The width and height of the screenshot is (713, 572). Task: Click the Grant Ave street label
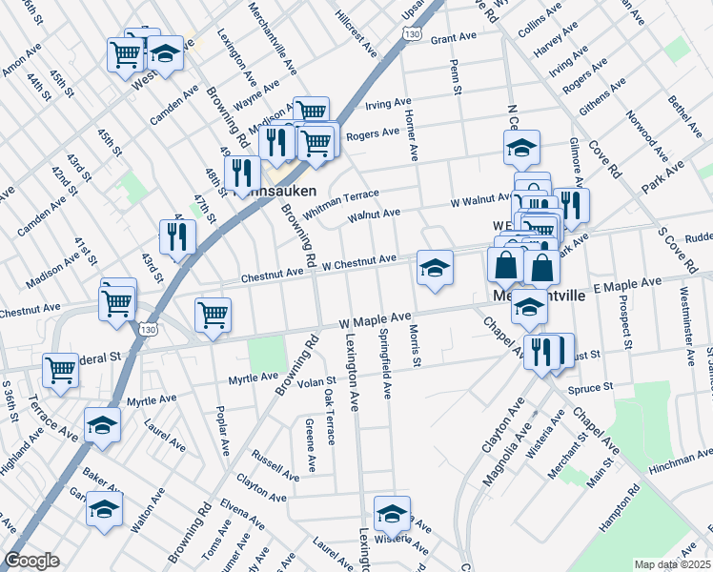(x=453, y=38)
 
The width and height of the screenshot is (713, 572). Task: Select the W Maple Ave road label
(x=376, y=319)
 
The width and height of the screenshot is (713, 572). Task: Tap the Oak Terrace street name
(x=329, y=417)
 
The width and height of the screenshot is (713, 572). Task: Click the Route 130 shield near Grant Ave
(x=410, y=34)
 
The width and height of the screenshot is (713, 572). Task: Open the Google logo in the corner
(x=32, y=561)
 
